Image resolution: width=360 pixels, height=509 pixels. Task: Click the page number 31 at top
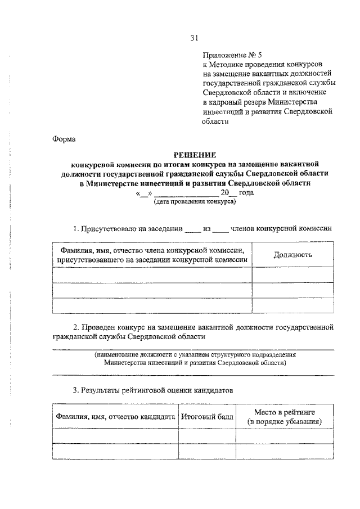tap(194, 38)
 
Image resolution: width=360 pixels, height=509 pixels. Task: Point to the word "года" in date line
tap(246, 192)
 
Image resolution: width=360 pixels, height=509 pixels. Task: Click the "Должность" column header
tap(292, 254)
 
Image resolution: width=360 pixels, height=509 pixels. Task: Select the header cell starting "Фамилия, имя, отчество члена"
tap(152, 254)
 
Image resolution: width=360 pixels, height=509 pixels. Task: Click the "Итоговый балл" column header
tap(206, 417)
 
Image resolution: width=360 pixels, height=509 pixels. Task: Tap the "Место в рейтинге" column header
tap(285, 412)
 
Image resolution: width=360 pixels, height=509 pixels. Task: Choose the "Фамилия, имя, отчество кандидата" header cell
tap(115, 417)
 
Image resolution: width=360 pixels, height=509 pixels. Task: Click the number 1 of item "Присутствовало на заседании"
tap(75, 229)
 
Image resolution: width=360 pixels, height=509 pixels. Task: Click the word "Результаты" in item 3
tap(106, 389)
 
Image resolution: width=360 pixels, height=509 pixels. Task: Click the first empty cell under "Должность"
tap(292, 274)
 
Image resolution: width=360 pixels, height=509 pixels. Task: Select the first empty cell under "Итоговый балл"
tap(206, 436)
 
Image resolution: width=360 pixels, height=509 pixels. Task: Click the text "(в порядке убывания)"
tap(285, 421)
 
